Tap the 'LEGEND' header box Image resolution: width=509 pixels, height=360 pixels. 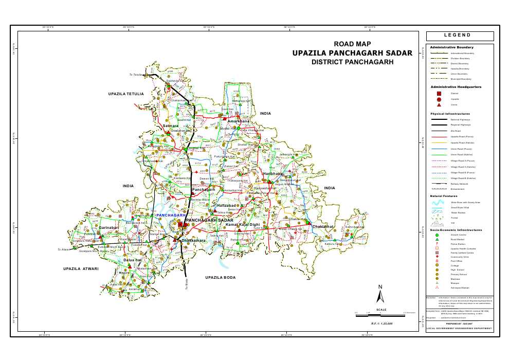pyautogui.click(x=459, y=35)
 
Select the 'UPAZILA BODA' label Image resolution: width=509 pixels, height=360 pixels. pyautogui.click(x=220, y=278)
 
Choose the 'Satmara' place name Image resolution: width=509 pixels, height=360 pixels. pyautogui.click(x=170, y=125)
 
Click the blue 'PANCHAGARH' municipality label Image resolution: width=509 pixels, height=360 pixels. pyautogui.click(x=171, y=215)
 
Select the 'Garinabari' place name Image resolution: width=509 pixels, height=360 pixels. pyautogui.click(x=108, y=227)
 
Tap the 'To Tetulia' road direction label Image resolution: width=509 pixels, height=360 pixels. pyautogui.click(x=135, y=75)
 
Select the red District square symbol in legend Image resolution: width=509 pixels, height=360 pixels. pyautogui.click(x=439, y=93)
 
